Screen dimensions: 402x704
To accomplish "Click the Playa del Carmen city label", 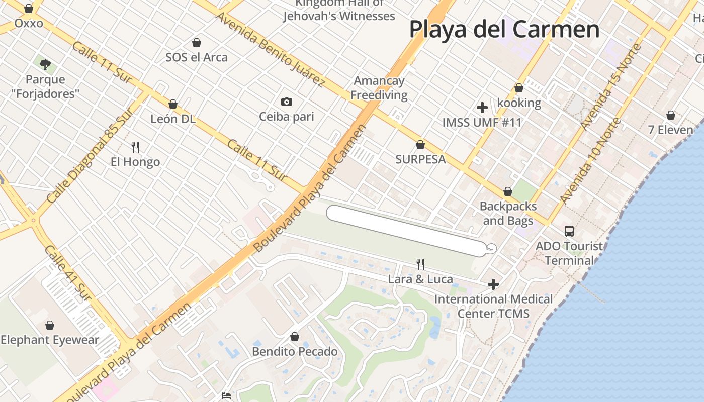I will coord(504,29).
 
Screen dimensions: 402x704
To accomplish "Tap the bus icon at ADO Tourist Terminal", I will coord(569,231).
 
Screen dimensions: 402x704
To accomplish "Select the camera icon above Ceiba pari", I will coord(287,102).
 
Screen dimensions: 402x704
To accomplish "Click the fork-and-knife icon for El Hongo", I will coord(135,147).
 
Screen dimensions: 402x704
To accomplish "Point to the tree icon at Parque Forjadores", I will coord(45,64).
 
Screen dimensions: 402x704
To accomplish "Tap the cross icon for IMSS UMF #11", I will coord(482,108).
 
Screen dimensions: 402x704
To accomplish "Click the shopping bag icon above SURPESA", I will coord(420,145).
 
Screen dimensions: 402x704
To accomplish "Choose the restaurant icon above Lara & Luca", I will coord(420,264).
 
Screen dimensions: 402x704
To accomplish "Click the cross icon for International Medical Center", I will coord(493,284).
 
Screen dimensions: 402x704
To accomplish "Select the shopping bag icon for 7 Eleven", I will coord(670,115).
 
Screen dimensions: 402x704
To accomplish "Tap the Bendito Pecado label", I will coord(295,351).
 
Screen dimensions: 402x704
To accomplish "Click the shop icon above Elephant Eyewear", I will coord(50,325).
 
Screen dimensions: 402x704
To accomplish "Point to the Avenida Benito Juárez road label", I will coord(270,49).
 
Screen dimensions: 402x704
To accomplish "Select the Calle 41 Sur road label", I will coord(67,274).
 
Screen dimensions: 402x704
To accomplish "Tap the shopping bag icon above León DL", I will coord(173,104).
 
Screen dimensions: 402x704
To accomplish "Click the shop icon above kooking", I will coord(519,88).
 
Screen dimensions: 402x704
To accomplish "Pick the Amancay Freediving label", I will coord(379,88).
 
